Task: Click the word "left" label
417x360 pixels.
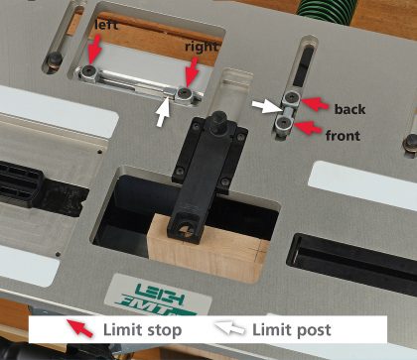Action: tap(106, 25)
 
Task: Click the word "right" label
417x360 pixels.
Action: tap(202, 47)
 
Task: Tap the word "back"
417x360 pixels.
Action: tap(349, 109)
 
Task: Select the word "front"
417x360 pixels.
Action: tap(343, 136)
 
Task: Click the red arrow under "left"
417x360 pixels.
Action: tap(94, 49)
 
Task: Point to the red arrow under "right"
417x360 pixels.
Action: tap(191, 71)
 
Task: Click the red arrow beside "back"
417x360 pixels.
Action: tap(316, 103)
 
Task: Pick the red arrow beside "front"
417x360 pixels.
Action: tap(308, 128)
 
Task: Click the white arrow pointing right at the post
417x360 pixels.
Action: tap(267, 106)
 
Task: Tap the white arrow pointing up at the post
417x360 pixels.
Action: tap(163, 112)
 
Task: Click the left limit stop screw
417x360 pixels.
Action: tap(89, 70)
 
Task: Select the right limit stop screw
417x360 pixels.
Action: tap(184, 93)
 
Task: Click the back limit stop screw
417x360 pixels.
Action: tap(292, 97)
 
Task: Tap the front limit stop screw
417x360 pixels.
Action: tap(283, 123)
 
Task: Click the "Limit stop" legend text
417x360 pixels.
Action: tap(143, 330)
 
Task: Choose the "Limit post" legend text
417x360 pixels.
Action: tap(292, 330)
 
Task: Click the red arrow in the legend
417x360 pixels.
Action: tap(79, 328)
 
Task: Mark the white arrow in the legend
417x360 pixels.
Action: tap(230, 328)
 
